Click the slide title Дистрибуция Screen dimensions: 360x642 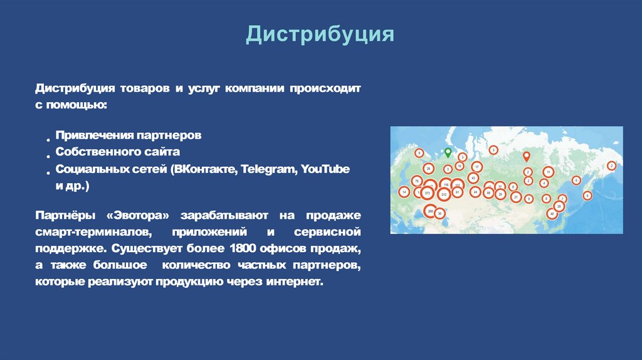tap(320, 34)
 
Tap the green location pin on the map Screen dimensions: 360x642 tap(447, 152)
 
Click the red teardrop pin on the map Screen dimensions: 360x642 tap(527, 156)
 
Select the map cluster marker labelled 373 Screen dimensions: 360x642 tap(428, 193)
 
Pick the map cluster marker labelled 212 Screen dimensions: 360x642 tap(444, 195)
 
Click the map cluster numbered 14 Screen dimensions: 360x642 tap(404, 192)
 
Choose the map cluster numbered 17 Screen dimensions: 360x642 tap(477, 167)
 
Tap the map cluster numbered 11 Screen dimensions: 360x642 tap(548, 171)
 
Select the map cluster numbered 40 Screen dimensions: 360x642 tap(552, 214)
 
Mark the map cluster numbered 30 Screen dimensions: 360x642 tap(440, 213)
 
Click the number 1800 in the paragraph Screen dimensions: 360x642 tap(246, 249)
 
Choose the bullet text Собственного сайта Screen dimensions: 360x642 tap(118, 152)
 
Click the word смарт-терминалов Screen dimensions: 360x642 tap(93, 233)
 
